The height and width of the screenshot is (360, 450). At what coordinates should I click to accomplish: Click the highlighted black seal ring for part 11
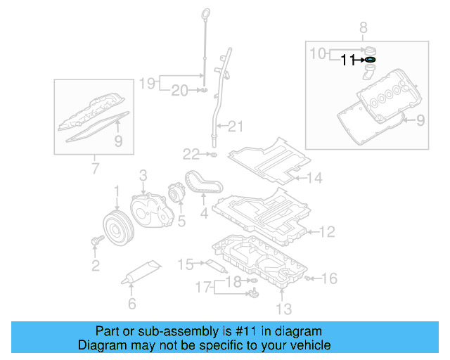pos(370,60)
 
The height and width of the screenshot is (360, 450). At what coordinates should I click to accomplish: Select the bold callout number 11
pos(348,60)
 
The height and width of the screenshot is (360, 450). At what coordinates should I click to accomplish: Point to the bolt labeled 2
pos(96,242)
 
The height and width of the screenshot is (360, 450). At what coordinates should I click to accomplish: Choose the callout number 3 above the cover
pos(142,174)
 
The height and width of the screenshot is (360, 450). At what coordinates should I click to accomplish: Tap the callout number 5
pos(181,221)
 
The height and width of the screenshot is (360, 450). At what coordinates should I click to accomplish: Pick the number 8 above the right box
pos(364,28)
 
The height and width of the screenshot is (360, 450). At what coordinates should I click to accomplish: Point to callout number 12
pos(328,231)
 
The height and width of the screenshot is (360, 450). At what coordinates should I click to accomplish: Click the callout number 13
pos(283,307)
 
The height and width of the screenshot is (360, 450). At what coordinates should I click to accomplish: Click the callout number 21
pos(235,127)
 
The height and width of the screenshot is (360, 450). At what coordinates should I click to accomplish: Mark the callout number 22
pos(192,154)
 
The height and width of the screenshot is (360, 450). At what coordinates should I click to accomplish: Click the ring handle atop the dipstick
pos(205,15)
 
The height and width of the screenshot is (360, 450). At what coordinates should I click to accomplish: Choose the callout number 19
pos(146,83)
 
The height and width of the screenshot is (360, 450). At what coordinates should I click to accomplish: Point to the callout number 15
pos(185,264)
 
